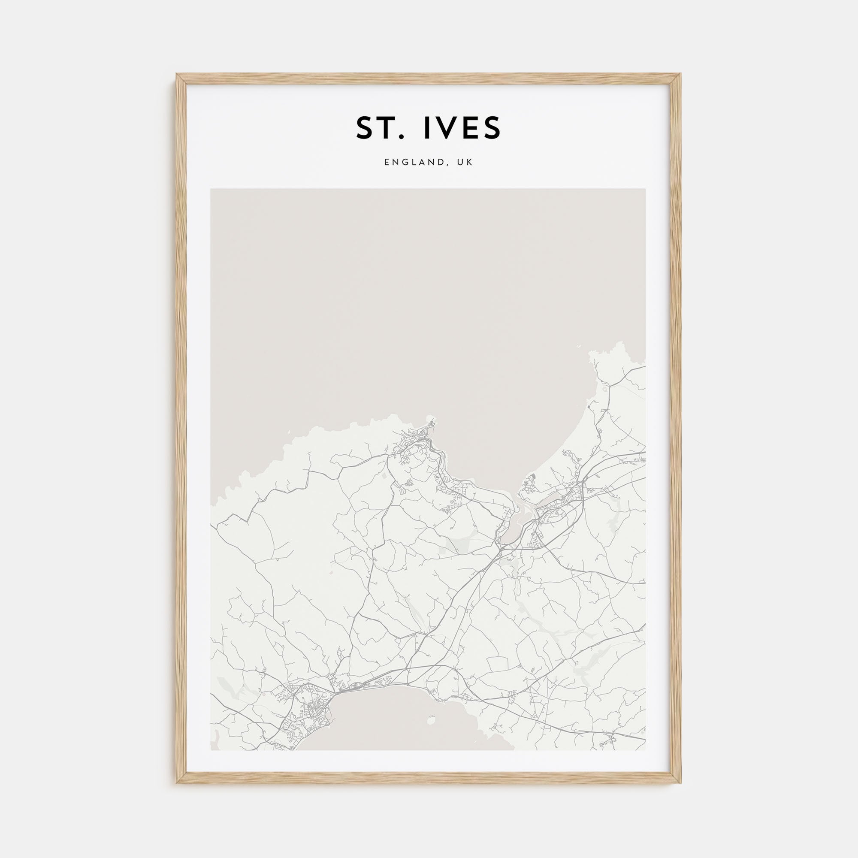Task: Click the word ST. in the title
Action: [x=381, y=128]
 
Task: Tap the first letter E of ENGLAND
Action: [x=387, y=163]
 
